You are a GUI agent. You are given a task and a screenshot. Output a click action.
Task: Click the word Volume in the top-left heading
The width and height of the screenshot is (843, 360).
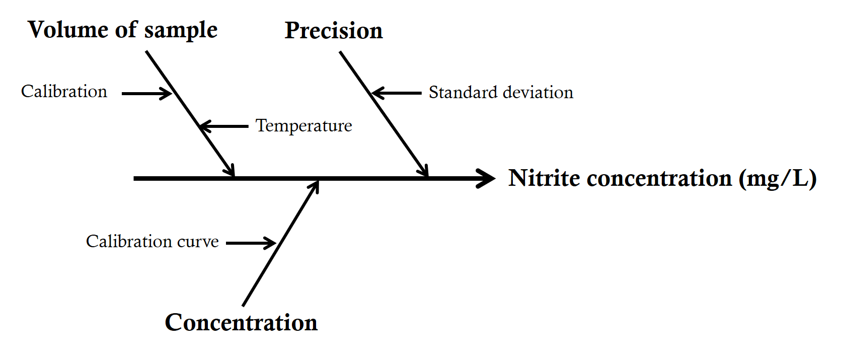click(68, 30)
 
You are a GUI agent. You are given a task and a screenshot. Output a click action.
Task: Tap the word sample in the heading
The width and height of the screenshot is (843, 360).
click(181, 31)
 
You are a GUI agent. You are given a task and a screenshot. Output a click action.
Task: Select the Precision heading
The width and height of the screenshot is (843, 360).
click(334, 31)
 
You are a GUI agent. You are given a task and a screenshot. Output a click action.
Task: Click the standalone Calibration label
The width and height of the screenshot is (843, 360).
click(64, 92)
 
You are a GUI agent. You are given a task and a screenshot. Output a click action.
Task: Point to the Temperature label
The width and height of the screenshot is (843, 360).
click(303, 126)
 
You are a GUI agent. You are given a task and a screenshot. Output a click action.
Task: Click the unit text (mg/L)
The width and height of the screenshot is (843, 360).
click(778, 179)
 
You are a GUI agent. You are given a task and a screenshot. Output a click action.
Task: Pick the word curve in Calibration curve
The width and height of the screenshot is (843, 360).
click(198, 242)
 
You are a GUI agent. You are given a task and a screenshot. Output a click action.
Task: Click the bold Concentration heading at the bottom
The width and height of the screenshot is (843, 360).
click(241, 323)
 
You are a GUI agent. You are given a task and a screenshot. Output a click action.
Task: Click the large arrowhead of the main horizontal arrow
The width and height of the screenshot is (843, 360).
click(486, 178)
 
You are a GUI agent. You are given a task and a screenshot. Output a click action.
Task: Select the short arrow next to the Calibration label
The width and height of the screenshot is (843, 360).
click(146, 94)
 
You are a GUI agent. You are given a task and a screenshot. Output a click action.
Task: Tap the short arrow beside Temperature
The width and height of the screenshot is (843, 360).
click(223, 126)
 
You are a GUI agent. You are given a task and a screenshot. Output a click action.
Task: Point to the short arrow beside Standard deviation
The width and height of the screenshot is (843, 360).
click(396, 93)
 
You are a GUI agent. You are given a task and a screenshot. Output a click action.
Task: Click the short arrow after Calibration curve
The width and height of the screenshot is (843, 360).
click(251, 243)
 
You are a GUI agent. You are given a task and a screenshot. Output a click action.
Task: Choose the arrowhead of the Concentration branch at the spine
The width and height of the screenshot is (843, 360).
click(315, 186)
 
